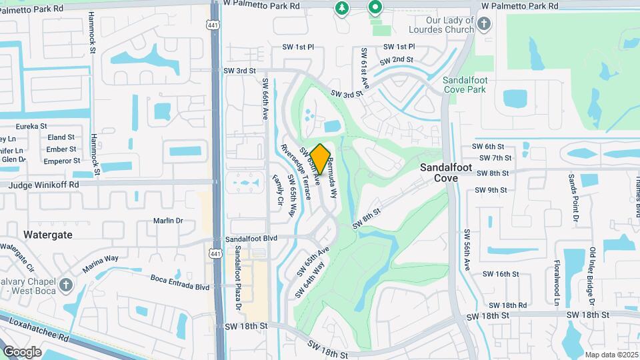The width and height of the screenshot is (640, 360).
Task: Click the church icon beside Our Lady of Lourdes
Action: click(x=485, y=25)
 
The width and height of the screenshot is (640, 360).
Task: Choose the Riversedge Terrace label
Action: click(x=296, y=173)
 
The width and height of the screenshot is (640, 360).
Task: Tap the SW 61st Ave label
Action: click(x=365, y=69)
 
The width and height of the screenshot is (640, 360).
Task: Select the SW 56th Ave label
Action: click(x=467, y=250)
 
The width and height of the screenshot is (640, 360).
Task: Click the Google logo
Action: click(x=22, y=351)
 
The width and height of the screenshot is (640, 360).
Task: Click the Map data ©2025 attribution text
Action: click(x=611, y=355)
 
